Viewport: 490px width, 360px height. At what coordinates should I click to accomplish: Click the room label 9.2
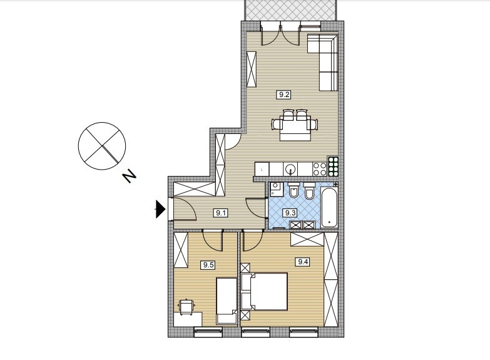(x=283, y=95)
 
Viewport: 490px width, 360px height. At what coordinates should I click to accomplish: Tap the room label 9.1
(x=221, y=213)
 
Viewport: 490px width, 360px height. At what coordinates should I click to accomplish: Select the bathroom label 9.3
(x=290, y=213)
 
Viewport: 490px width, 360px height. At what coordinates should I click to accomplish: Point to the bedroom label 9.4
(x=303, y=262)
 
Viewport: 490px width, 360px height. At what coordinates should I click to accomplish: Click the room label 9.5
(x=208, y=265)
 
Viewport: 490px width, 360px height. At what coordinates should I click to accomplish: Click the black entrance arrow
(x=161, y=209)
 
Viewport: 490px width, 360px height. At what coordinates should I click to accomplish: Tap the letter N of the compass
(x=130, y=177)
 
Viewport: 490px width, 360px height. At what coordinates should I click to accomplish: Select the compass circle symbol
(x=102, y=146)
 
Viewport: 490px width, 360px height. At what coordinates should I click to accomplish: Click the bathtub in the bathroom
(x=329, y=207)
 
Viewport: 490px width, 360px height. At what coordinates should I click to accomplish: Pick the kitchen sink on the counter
(x=290, y=169)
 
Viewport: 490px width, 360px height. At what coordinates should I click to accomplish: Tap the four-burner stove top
(x=320, y=169)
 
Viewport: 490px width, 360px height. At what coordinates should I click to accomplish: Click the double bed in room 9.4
(x=264, y=292)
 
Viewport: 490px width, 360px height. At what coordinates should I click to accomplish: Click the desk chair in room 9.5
(x=186, y=307)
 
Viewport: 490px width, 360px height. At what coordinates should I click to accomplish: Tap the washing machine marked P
(x=276, y=190)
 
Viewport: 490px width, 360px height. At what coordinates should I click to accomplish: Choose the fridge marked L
(x=262, y=169)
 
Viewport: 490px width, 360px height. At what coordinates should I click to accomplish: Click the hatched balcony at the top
(x=290, y=10)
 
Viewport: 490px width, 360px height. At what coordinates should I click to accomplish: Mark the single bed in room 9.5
(x=227, y=301)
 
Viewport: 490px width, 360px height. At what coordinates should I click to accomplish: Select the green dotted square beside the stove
(x=333, y=166)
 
